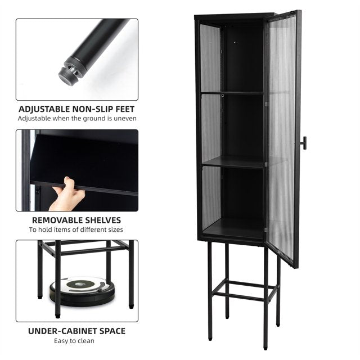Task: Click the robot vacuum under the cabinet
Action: pos(83,291)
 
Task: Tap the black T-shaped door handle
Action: pos(304,143)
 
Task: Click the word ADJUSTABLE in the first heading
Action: pos(44,109)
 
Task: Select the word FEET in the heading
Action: pos(125,109)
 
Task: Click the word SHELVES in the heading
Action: pos(103,220)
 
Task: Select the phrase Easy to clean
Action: pos(74,341)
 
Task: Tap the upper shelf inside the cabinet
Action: pos(232,92)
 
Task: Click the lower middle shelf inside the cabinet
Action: pos(233,162)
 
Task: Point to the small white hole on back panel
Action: pos(235,43)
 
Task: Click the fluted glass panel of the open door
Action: pos(282,138)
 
